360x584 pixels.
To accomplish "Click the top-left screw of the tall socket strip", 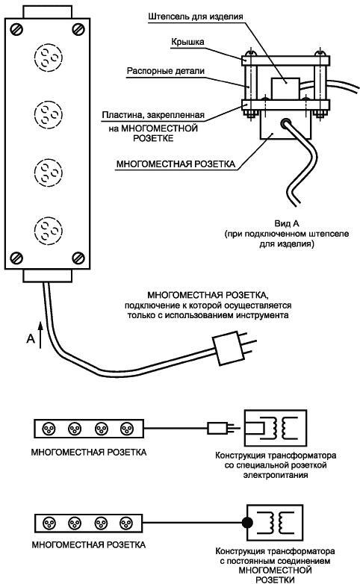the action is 16,29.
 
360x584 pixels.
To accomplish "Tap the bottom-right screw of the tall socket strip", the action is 78,258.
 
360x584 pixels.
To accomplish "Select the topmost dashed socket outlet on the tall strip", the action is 48,58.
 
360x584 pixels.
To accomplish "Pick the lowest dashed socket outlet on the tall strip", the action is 48,231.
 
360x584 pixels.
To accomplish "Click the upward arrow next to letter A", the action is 40,335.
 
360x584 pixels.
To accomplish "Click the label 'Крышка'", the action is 187,42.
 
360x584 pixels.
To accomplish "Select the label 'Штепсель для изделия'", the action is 195,16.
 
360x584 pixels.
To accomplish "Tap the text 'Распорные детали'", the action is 166,71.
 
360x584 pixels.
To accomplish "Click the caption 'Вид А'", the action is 287,223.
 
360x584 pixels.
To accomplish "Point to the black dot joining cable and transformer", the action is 246,522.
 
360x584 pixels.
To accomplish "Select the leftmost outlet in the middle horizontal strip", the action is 48,429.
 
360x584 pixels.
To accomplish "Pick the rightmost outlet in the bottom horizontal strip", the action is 126,524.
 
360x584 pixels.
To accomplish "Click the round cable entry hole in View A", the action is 286,124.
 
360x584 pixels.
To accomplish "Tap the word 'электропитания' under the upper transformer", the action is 276,475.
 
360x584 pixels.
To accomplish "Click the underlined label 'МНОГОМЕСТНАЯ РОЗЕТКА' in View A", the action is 176,164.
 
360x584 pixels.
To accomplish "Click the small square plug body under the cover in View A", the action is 285,89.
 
